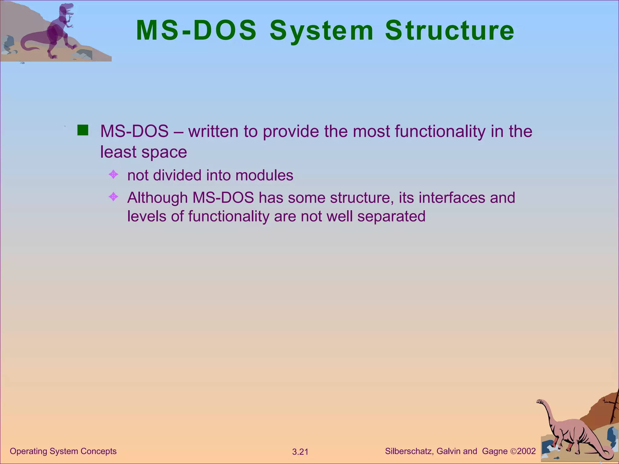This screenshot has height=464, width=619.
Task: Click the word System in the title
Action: pyautogui.click(x=321, y=31)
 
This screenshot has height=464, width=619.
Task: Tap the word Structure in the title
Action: pyautogui.click(x=449, y=31)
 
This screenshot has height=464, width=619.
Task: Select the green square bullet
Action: pyautogui.click(x=83, y=130)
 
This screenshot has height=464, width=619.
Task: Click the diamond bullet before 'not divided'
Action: pyautogui.click(x=113, y=175)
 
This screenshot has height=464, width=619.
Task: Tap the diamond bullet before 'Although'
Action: pyautogui.click(x=113, y=197)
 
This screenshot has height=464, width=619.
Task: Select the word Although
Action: pyautogui.click(x=157, y=198)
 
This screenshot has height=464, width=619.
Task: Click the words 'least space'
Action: pyautogui.click(x=143, y=152)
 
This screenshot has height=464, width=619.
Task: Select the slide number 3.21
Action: pyautogui.click(x=300, y=452)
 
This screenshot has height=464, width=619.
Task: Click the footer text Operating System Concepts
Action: pyautogui.click(x=63, y=451)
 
